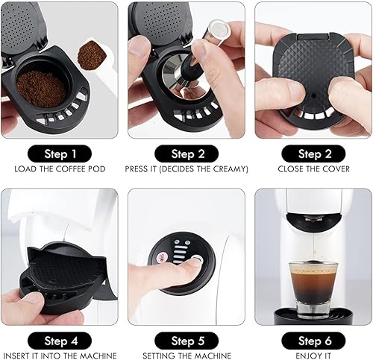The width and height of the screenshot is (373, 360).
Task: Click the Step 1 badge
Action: tap(63, 154)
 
